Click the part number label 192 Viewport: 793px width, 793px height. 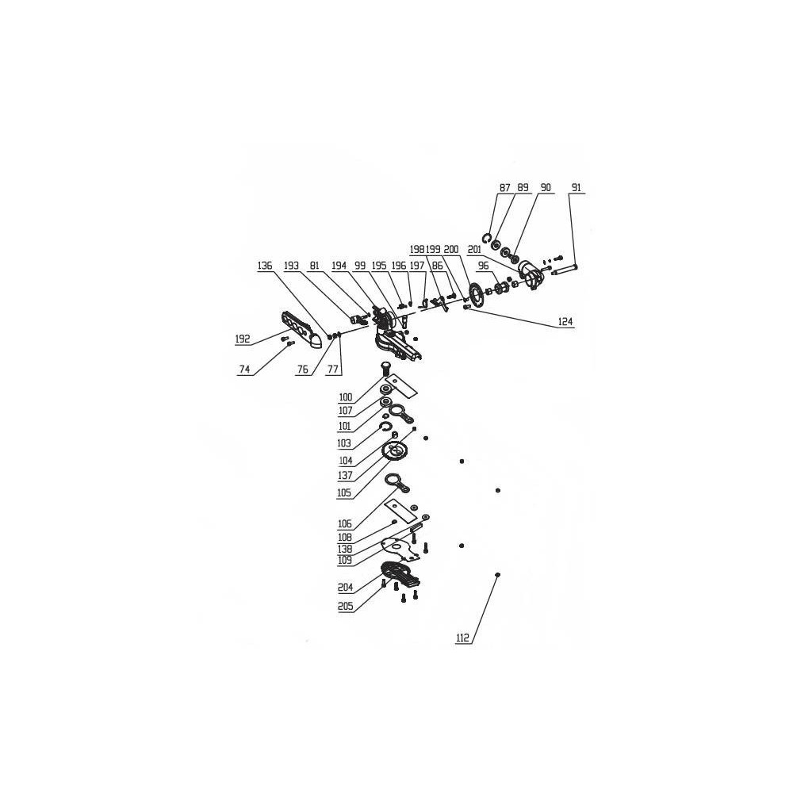[243, 339]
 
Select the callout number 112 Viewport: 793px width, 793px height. [463, 638]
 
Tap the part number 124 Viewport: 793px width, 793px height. [565, 322]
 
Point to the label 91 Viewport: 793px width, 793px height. [576, 188]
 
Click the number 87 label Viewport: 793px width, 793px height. [504, 188]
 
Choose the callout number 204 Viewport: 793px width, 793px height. [346, 588]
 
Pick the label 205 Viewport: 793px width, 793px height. [346, 607]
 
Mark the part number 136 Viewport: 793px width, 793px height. [265, 266]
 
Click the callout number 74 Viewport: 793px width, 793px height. [244, 370]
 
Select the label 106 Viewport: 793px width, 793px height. [346, 524]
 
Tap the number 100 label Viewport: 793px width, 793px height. [346, 397]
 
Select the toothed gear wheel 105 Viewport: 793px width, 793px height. [395, 451]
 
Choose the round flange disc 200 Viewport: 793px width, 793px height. [476, 295]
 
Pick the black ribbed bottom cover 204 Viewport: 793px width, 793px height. [400, 573]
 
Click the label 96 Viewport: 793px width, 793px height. [484, 266]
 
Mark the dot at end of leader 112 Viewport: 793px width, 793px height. [498, 575]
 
